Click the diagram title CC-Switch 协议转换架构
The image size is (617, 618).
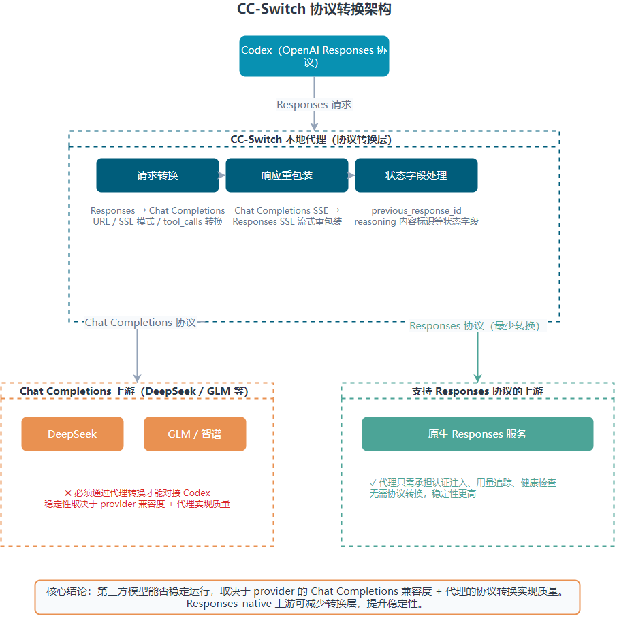coord(314,9)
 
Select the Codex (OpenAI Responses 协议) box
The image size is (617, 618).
coord(314,56)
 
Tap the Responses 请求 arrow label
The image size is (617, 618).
coord(314,104)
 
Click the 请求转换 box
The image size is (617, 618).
coord(157,176)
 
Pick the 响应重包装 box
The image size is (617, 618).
coord(287,176)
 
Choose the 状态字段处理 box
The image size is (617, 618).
coord(416,176)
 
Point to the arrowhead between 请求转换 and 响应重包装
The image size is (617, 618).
coord(222,176)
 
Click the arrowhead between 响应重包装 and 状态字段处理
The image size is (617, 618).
coord(351,176)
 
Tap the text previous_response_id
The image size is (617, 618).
coord(416,210)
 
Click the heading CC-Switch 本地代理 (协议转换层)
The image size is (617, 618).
coord(311,139)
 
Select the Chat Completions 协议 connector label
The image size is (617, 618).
coord(140,323)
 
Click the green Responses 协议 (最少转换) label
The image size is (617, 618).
coord(474,326)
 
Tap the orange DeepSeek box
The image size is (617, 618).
coord(73,434)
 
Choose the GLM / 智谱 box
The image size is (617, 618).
coord(195,434)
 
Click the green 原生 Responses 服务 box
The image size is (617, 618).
coord(477,434)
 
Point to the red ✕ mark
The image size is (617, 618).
coord(68,493)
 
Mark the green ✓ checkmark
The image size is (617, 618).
coord(373,483)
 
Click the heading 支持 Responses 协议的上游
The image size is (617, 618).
coord(477,391)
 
